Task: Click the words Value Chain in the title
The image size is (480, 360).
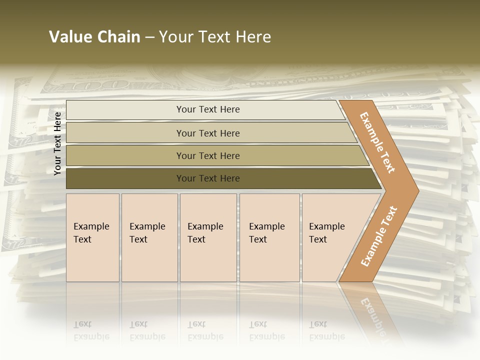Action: pyautogui.click(x=94, y=37)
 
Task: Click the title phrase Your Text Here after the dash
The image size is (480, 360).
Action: pyautogui.click(x=215, y=37)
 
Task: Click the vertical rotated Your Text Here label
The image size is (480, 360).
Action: pyautogui.click(x=57, y=143)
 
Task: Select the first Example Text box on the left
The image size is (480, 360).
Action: pyautogui.click(x=92, y=237)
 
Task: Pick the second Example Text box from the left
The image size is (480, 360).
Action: pyautogui.click(x=149, y=237)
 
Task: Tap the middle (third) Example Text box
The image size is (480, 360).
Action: pyautogui.click(x=208, y=237)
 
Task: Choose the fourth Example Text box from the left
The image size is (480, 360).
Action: pyautogui.click(x=269, y=237)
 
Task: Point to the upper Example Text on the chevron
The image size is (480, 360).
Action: pyautogui.click(x=377, y=142)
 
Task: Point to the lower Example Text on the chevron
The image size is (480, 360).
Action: pyautogui.click(x=378, y=236)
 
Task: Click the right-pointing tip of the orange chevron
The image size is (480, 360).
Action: pyautogui.click(x=416, y=191)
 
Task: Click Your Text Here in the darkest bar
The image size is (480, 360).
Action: pyautogui.click(x=208, y=178)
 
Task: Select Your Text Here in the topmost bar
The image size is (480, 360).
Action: pyautogui.click(x=208, y=109)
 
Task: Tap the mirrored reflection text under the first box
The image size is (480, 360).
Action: pyautogui.click(x=91, y=330)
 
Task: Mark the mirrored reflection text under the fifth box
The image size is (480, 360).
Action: pyautogui.click(x=326, y=330)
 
